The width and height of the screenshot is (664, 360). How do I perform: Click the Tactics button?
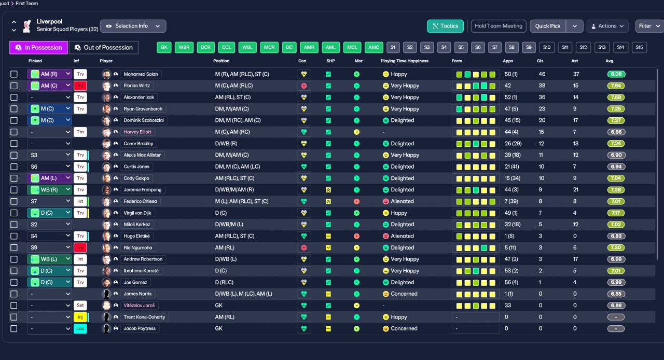point(445,26)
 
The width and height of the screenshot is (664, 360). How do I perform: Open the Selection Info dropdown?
point(133,26)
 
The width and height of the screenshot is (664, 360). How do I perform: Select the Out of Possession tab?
point(103,47)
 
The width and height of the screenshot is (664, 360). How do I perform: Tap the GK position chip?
point(164,47)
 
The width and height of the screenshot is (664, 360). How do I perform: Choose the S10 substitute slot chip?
point(547,47)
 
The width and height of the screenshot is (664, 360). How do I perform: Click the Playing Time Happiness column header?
point(404,61)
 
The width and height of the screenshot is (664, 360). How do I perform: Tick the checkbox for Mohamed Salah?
point(14,74)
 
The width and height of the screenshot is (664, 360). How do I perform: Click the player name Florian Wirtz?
point(136,86)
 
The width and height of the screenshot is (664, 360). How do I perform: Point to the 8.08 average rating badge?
point(616,74)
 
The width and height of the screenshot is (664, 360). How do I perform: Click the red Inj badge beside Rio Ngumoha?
point(80,247)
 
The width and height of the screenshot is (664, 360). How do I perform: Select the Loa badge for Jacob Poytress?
point(80,328)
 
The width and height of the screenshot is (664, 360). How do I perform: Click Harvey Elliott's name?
point(137,132)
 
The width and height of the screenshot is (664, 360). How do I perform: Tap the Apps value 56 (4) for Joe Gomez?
point(511,282)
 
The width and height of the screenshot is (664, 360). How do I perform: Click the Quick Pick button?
point(547,26)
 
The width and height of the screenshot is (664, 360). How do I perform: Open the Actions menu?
point(607,26)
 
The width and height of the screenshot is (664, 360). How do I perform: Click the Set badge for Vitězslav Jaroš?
point(80,306)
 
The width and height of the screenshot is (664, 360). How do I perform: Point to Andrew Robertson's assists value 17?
point(575,259)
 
